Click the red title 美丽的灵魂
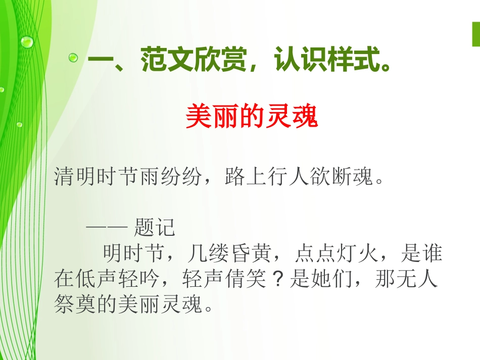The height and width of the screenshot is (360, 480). tap(252, 117)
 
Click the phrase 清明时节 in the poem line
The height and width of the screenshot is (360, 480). tap(95, 178)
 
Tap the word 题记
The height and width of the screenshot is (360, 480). tap(155, 228)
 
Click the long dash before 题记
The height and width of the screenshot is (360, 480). tap(106, 228)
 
